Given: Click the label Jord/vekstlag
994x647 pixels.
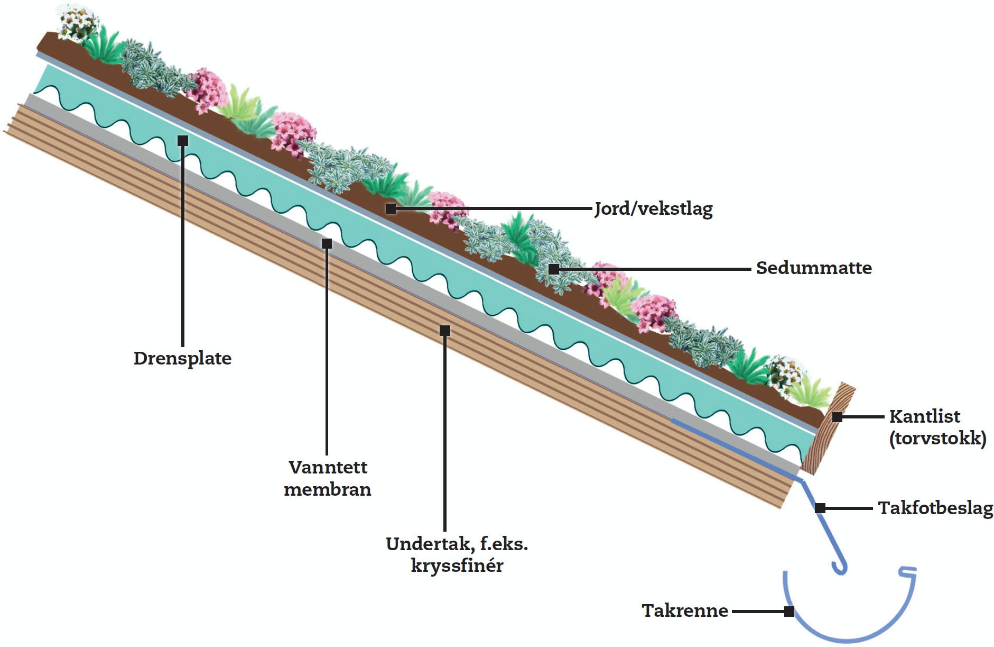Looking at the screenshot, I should (x=653, y=209).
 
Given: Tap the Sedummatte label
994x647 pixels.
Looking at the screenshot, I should (x=813, y=268).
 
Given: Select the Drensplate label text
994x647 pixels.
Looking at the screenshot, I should (x=182, y=359).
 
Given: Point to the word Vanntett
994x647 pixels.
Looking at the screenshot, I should (x=328, y=467).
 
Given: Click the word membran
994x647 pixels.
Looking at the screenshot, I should (x=328, y=489).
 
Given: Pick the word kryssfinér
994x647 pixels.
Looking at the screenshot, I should (x=457, y=566).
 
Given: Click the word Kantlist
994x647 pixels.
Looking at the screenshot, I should (x=924, y=416).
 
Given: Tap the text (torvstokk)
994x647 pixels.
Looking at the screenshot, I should (x=937, y=439).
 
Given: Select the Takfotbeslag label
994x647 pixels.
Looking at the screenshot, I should (x=935, y=508).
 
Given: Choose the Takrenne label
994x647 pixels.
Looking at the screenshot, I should (x=685, y=611).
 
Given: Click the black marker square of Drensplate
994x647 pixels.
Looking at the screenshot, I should (x=183, y=141).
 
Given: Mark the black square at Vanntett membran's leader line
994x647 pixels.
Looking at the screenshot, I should (x=327, y=243).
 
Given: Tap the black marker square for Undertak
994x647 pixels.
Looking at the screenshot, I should (x=445, y=331).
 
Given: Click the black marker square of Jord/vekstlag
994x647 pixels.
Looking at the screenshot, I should (x=391, y=208).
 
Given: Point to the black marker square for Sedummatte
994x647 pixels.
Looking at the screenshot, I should (x=553, y=269).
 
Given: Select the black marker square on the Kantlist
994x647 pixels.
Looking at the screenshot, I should (x=837, y=417).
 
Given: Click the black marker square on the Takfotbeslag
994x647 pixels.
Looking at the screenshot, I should (x=820, y=508).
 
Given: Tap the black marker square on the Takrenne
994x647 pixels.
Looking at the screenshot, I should (x=789, y=612).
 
